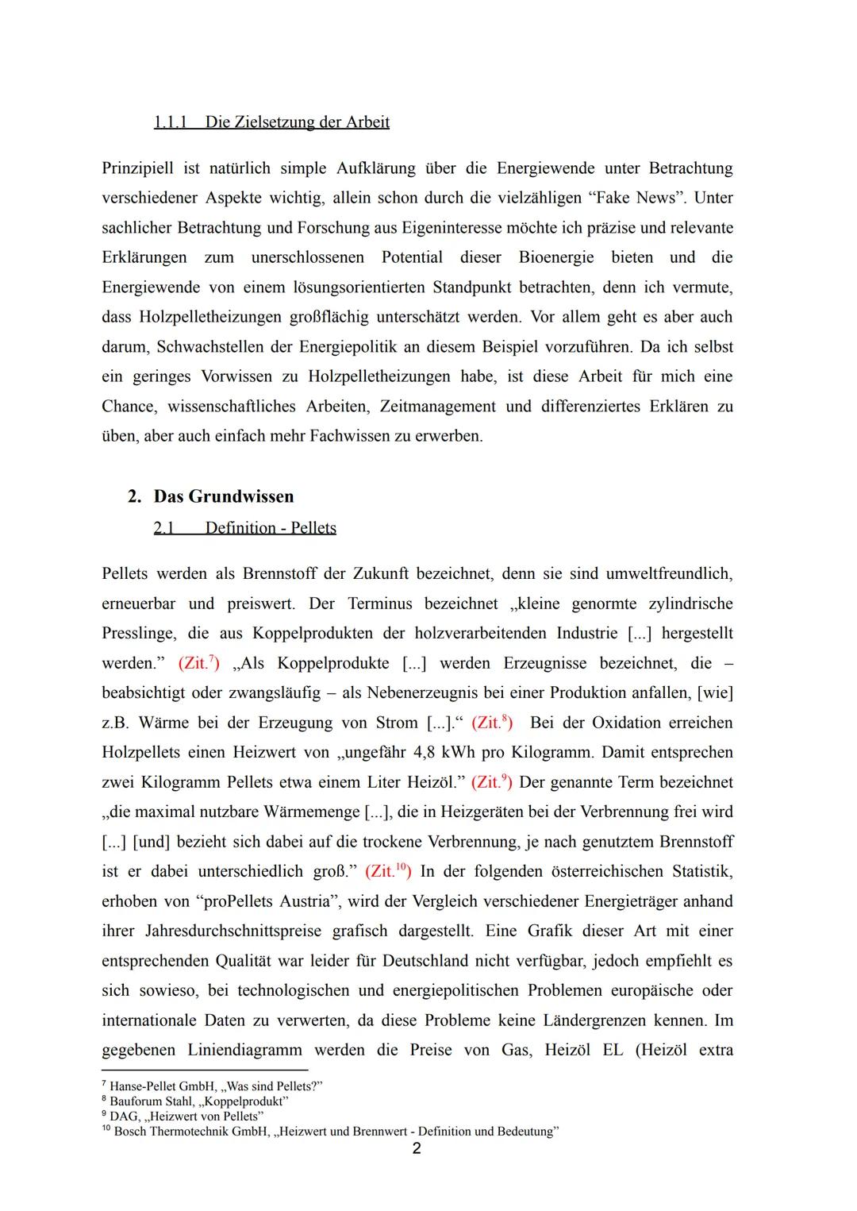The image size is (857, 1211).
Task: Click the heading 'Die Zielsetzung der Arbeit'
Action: pyautogui.click(x=297, y=122)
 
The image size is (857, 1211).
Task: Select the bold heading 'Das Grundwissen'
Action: pyautogui.click(x=223, y=496)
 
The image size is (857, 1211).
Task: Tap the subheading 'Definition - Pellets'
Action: pyautogui.click(x=270, y=528)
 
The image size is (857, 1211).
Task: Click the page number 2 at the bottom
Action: pyautogui.click(x=417, y=1149)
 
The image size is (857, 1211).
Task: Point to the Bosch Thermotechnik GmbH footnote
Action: pyautogui.click(x=333, y=1132)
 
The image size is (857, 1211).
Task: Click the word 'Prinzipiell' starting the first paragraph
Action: pyautogui.click(x=140, y=168)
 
